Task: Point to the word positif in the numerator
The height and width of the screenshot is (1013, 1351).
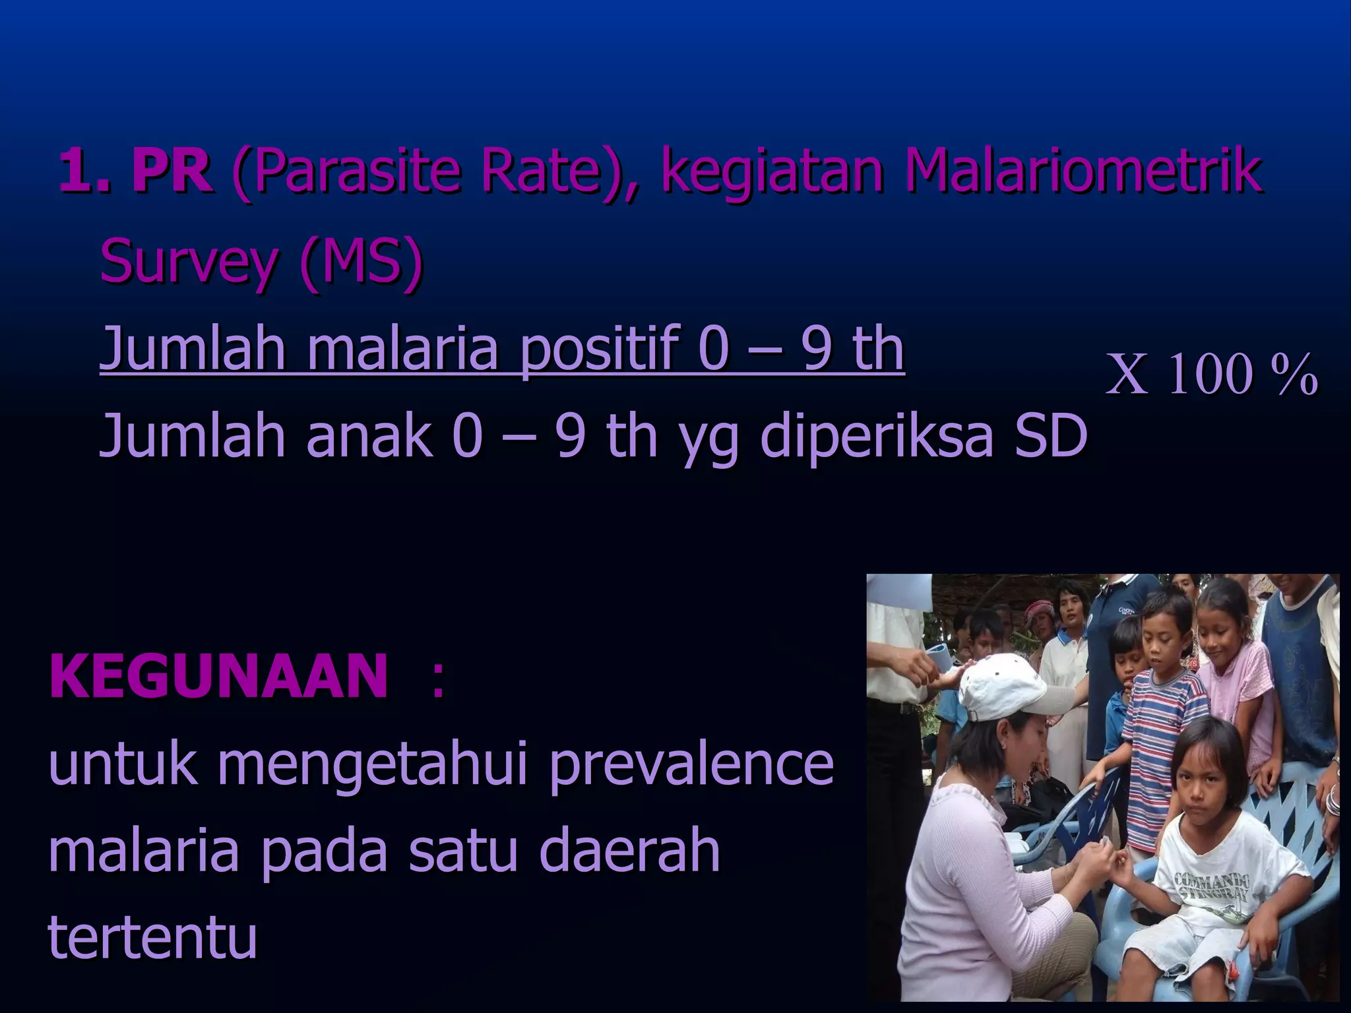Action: (600, 350)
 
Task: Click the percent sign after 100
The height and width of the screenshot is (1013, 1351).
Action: (1296, 375)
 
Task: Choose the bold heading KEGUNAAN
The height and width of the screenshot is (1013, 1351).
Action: (218, 677)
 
